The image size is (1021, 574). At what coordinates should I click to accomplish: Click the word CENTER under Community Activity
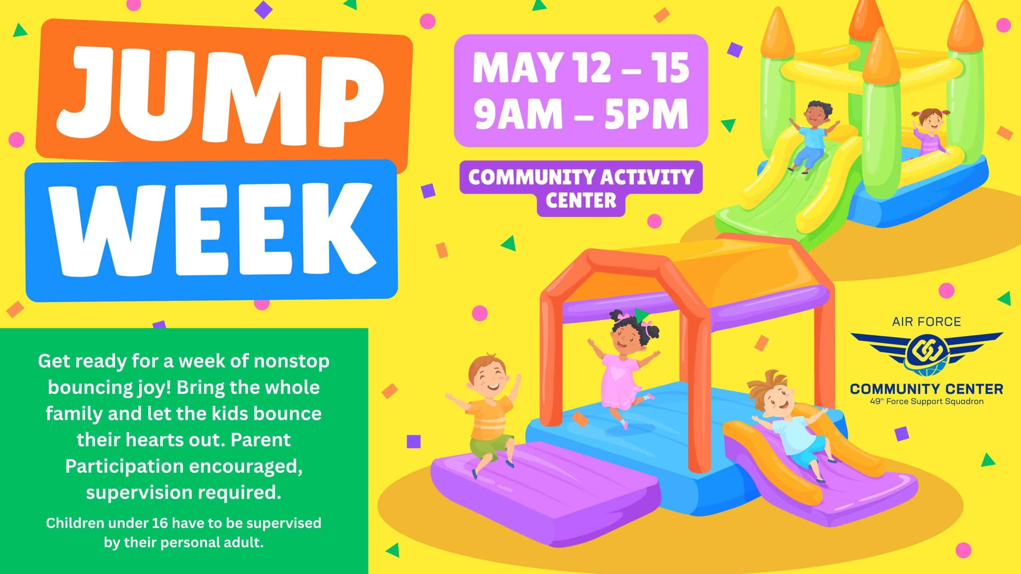pos(581,201)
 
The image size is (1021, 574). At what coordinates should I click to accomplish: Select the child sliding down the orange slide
pos(789,424)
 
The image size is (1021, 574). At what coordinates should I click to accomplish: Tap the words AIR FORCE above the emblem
pos(927,322)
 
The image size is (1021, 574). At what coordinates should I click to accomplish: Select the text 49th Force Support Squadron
pos(927,401)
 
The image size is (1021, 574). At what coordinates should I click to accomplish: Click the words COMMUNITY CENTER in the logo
pos(927,389)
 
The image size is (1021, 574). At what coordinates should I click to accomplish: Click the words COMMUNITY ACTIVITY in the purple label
pos(581,177)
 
